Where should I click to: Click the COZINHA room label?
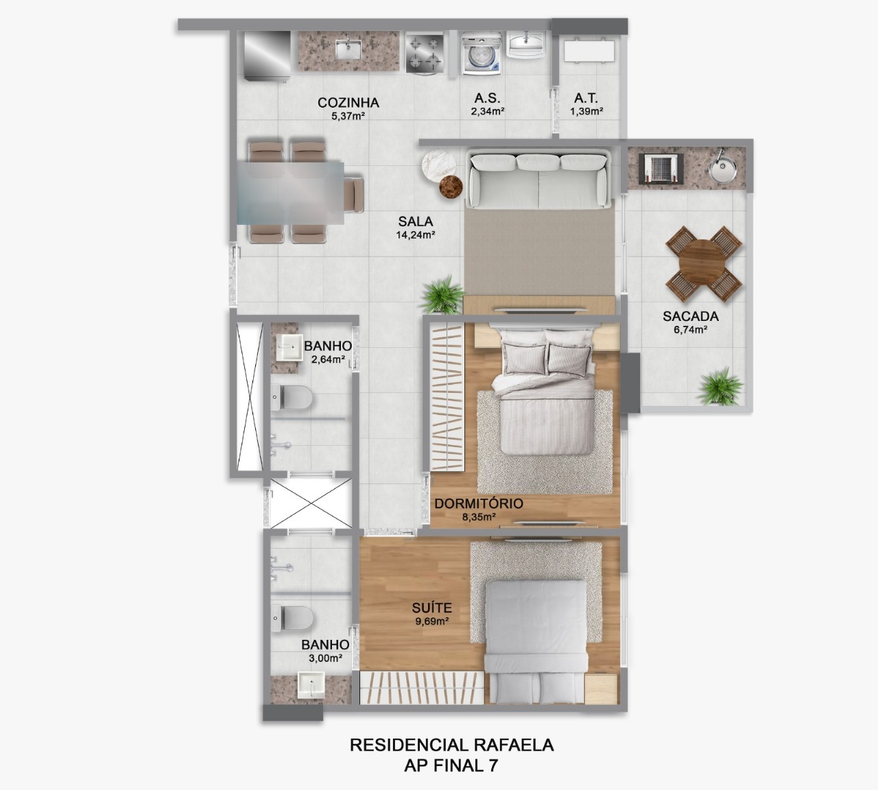coord(348,103)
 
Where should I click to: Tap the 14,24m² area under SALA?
coord(416,235)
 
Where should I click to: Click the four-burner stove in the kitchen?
coord(425,53)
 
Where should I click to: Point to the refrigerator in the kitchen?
coord(267,55)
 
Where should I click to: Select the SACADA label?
coord(690,316)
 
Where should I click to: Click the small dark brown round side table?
coord(451,187)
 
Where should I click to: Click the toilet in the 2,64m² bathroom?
coord(292,397)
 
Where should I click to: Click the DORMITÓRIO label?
coord(478,503)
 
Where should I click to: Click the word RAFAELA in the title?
coord(512,745)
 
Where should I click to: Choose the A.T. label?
coord(586,98)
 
